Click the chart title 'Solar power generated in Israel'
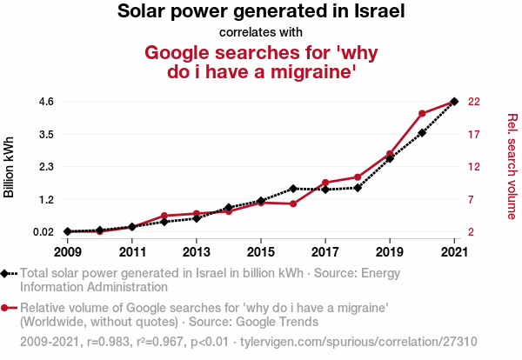coord(261,12)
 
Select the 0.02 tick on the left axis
coord(42,232)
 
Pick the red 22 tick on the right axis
coord(474,102)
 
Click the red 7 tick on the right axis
coord(471,199)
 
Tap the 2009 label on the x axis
coord(67,252)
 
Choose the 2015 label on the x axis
coord(261,252)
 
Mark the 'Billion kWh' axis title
coord(10,166)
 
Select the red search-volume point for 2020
coord(422,114)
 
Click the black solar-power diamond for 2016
coord(293,188)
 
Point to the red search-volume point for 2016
coord(293,203)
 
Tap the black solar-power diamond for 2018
coord(358,187)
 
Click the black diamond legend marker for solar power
coord(6,274)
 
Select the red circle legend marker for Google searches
coord(6,308)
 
